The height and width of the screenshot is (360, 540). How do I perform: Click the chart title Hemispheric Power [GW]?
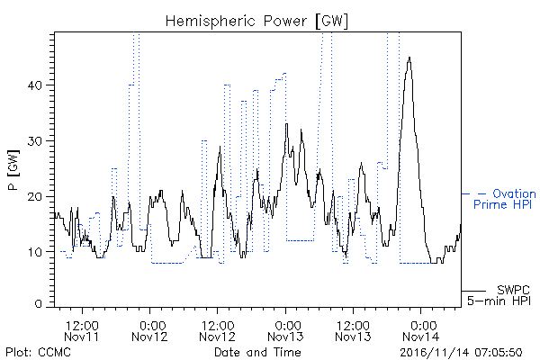pyautogui.click(x=256, y=22)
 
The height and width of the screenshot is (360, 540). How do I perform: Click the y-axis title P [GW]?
pyautogui.click(x=13, y=170)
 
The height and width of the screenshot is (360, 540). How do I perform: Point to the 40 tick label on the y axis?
pyautogui.click(x=34, y=85)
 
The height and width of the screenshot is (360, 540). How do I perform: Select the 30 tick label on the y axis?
pyautogui.click(x=34, y=141)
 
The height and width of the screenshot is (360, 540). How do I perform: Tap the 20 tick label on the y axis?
pyautogui.click(x=34, y=197)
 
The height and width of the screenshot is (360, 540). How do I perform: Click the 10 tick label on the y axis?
pyautogui.click(x=35, y=252)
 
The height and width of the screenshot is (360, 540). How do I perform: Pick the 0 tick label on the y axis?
pyautogui.click(x=39, y=304)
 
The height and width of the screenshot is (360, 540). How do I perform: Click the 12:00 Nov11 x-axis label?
pyautogui.click(x=82, y=330)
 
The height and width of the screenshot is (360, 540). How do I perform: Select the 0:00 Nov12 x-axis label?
pyautogui.click(x=149, y=330)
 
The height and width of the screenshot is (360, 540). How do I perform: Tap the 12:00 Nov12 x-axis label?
pyautogui.click(x=217, y=330)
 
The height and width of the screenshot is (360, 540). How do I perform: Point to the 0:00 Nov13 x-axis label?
pyautogui.click(x=285, y=330)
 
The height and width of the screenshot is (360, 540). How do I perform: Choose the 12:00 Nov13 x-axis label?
pyautogui.click(x=353, y=330)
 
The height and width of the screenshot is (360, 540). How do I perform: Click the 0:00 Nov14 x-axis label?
pyautogui.click(x=421, y=330)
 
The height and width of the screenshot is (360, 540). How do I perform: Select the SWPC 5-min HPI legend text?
pyautogui.click(x=499, y=295)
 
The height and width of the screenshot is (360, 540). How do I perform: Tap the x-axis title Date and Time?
pyautogui.click(x=257, y=352)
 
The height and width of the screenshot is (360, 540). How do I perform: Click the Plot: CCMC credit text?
pyautogui.click(x=38, y=353)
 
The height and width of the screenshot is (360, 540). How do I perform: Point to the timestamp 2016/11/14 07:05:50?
pyautogui.click(x=461, y=353)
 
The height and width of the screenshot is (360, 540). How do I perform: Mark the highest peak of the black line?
pyautogui.click(x=409, y=58)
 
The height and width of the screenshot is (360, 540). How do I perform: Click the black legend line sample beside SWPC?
pyautogui.click(x=473, y=291)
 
